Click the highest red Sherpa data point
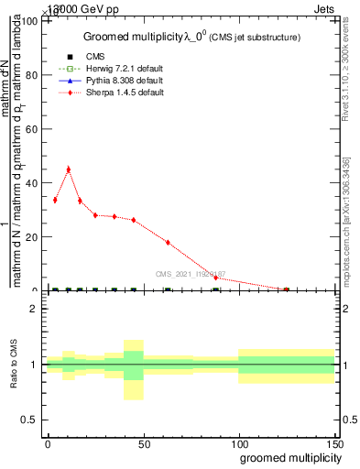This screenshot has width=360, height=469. coord(68,169)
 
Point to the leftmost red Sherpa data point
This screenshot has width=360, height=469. coord(55,200)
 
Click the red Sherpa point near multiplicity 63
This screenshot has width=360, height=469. coord(168,242)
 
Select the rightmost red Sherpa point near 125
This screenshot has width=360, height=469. coord(287,289)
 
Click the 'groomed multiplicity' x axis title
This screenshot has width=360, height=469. coord(285,457)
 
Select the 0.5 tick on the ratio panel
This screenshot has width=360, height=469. coord(29,420)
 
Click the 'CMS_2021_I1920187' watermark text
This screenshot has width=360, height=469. coord(191,273)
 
